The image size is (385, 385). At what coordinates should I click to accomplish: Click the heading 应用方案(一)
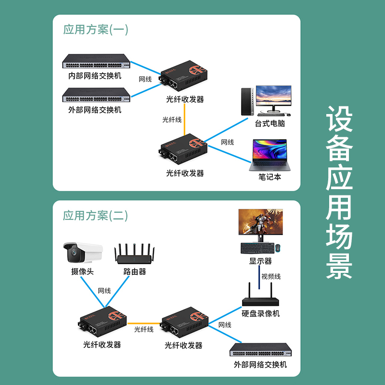point(96,30)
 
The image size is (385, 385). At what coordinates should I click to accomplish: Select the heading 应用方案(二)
point(96,216)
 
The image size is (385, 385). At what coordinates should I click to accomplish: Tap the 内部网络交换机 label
point(95,76)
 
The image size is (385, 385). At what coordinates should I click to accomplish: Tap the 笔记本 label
point(269,177)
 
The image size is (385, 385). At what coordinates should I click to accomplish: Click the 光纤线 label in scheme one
point(172,119)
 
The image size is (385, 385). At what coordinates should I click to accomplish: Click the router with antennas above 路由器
point(135,255)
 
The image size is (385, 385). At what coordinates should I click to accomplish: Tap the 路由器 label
point(135,272)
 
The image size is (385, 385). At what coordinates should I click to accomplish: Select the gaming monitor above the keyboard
point(261,225)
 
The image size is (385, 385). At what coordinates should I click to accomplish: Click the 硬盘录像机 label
point(260,314)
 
